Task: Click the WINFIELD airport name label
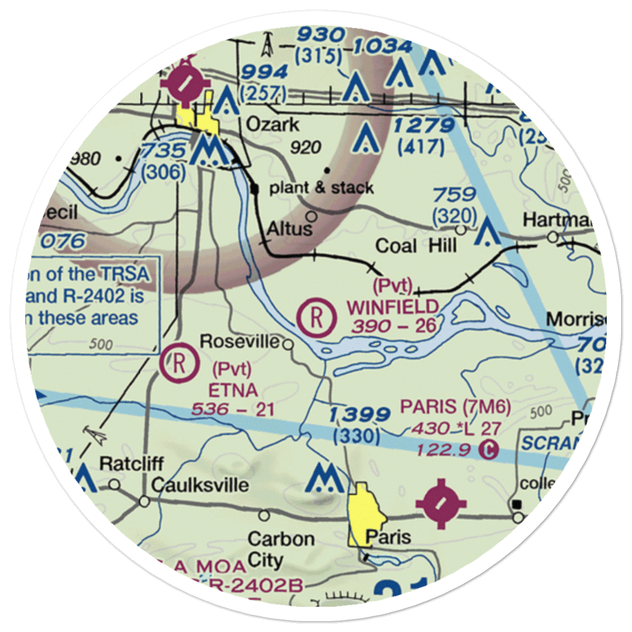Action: point(392,308)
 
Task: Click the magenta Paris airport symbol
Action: point(441,504)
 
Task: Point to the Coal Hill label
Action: point(415,246)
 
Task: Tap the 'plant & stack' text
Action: point(321,188)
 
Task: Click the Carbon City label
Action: point(281,549)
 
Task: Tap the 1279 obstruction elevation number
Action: point(423,126)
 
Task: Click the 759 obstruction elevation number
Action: point(454,194)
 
